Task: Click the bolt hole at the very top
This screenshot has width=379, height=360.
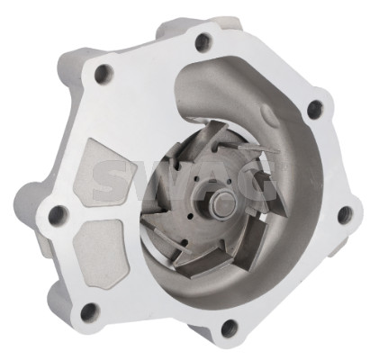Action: coord(203,41)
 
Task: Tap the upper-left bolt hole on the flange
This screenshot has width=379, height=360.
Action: coord(104,74)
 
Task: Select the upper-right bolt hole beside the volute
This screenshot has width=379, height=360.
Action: coord(315,109)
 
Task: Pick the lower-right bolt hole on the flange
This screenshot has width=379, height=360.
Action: coord(345,214)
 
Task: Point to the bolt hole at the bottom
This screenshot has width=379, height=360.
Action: coord(229,328)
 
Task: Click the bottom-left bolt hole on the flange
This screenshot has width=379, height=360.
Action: coord(89,312)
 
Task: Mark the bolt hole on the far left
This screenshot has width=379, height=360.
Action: coord(58,215)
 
